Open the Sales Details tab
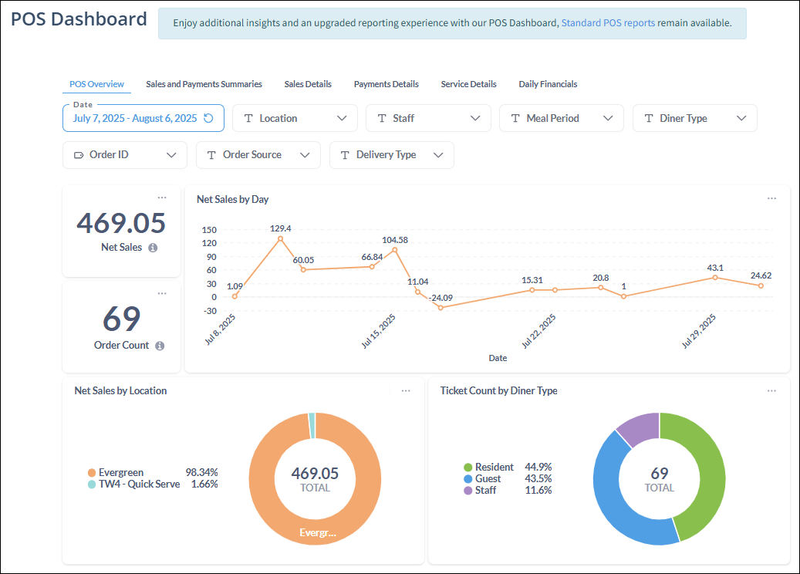tap(308, 84)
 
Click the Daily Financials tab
tap(548, 84)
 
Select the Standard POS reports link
tap(608, 23)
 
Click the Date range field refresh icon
tap(208, 118)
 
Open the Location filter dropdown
tap(295, 118)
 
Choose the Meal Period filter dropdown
tap(562, 118)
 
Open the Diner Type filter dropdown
tap(694, 118)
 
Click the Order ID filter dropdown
tap(125, 154)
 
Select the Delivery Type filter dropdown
tap(392, 154)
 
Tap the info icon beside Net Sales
tap(153, 248)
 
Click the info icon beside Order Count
tap(160, 346)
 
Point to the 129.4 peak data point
tap(280, 238)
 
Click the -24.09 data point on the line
tap(441, 307)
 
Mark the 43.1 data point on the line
tap(715, 277)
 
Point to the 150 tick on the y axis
tap(208, 230)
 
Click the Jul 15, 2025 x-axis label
tap(379, 331)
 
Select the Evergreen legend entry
tap(120, 472)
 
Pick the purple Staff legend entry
tap(486, 490)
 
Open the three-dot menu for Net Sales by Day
tap(771, 198)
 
